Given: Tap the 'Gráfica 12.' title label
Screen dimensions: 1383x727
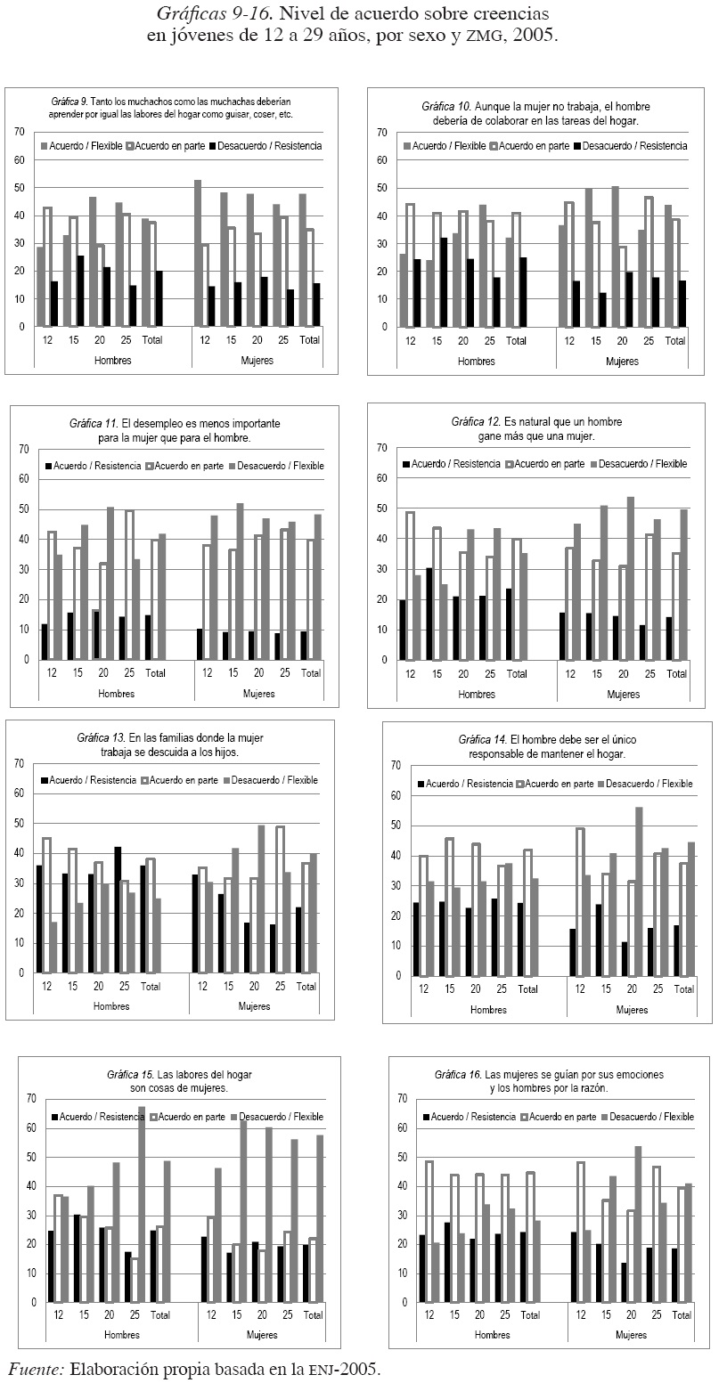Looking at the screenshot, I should (479, 421).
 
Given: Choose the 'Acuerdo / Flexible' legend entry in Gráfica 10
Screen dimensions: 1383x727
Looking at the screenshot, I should (450, 146).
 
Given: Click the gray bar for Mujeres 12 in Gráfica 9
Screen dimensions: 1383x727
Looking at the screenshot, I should (197, 253).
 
